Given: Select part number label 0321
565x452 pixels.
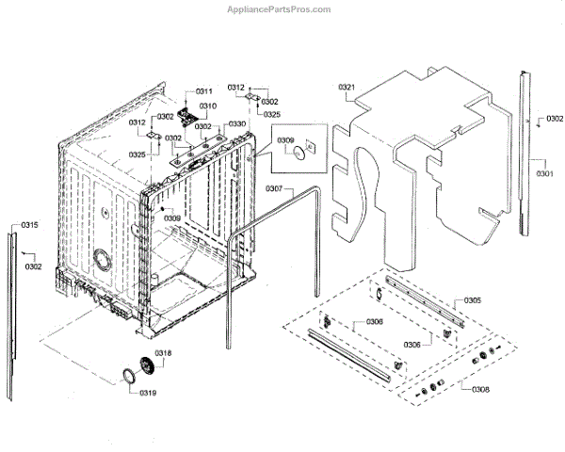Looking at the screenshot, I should click(x=347, y=88).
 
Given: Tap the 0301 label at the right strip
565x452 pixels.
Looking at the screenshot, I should click(x=545, y=174).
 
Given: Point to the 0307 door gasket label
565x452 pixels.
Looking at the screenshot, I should click(x=274, y=189).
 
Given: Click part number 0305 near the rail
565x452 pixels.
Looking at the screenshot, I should click(x=473, y=300).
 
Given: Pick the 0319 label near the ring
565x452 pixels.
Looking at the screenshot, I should click(x=147, y=393).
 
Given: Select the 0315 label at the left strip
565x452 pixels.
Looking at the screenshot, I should click(x=30, y=225).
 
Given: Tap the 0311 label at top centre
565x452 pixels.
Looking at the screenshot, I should click(x=204, y=91).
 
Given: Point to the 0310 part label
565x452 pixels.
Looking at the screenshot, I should click(x=208, y=105).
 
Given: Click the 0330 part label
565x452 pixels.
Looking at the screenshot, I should click(x=237, y=124).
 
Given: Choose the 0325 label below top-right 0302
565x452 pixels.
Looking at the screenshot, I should click(x=272, y=114).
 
